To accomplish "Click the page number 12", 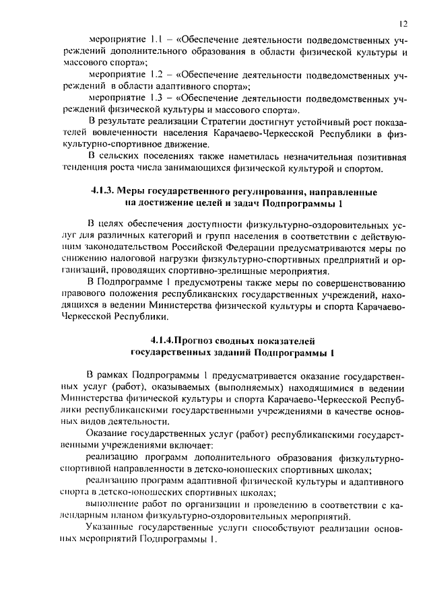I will click(402, 22).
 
